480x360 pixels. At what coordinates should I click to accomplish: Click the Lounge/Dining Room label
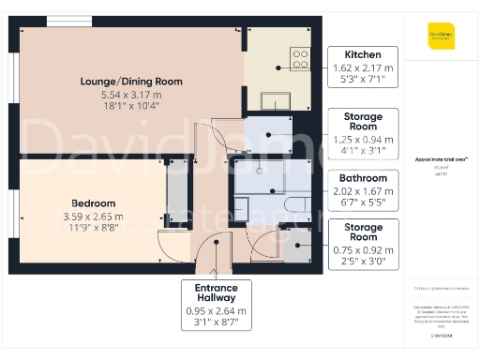130,82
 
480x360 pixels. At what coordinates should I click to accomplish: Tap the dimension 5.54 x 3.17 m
130,95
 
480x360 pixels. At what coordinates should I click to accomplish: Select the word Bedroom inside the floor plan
94,203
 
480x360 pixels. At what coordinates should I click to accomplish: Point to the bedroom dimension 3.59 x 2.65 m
94,216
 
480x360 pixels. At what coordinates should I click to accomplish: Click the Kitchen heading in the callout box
363,54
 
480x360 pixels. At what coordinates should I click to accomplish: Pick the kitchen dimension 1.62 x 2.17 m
363,67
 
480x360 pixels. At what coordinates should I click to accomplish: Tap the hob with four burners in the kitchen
300,59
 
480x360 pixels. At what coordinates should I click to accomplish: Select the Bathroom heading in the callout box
363,178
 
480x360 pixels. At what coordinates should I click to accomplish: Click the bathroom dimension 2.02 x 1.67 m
363,191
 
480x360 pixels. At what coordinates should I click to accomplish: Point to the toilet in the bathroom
294,204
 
